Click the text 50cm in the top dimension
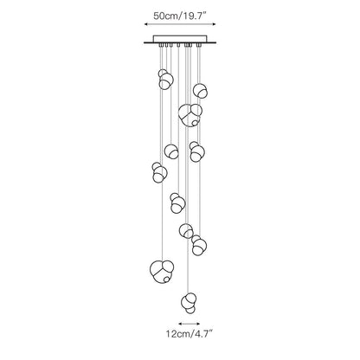pos(165,16)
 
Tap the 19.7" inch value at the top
pos(195,16)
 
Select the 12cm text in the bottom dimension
pos(177,334)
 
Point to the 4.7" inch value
pos(202,334)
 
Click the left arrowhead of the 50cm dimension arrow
pos(146,24)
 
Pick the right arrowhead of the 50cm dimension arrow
pos(214,24)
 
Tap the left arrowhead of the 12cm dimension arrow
pos(181,324)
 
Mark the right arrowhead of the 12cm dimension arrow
pos(197,324)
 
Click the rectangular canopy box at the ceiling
pos(180,39)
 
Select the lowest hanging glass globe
pos(189,303)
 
